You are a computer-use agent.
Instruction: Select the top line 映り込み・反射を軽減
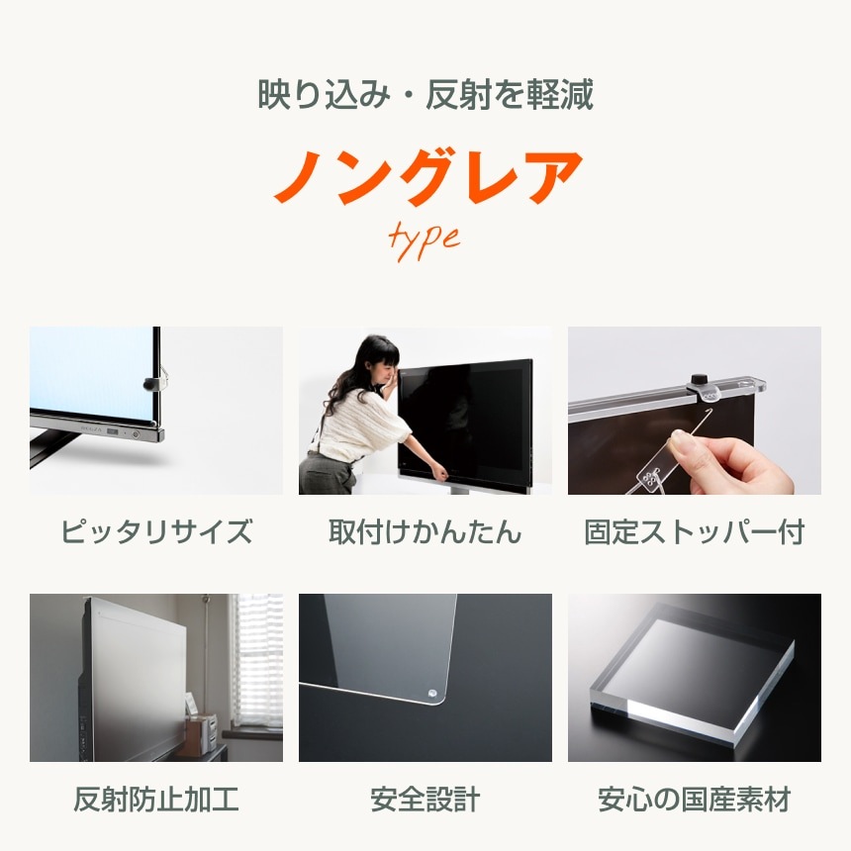point(425,96)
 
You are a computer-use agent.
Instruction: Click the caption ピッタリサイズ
point(156,532)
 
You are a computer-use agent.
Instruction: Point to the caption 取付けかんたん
point(425,532)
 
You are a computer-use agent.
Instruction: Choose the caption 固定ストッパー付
point(695,532)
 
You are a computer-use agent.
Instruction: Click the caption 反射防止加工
point(156,800)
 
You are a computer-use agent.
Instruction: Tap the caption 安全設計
point(425,800)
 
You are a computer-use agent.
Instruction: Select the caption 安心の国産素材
point(695,800)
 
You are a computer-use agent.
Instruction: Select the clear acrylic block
point(693,673)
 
